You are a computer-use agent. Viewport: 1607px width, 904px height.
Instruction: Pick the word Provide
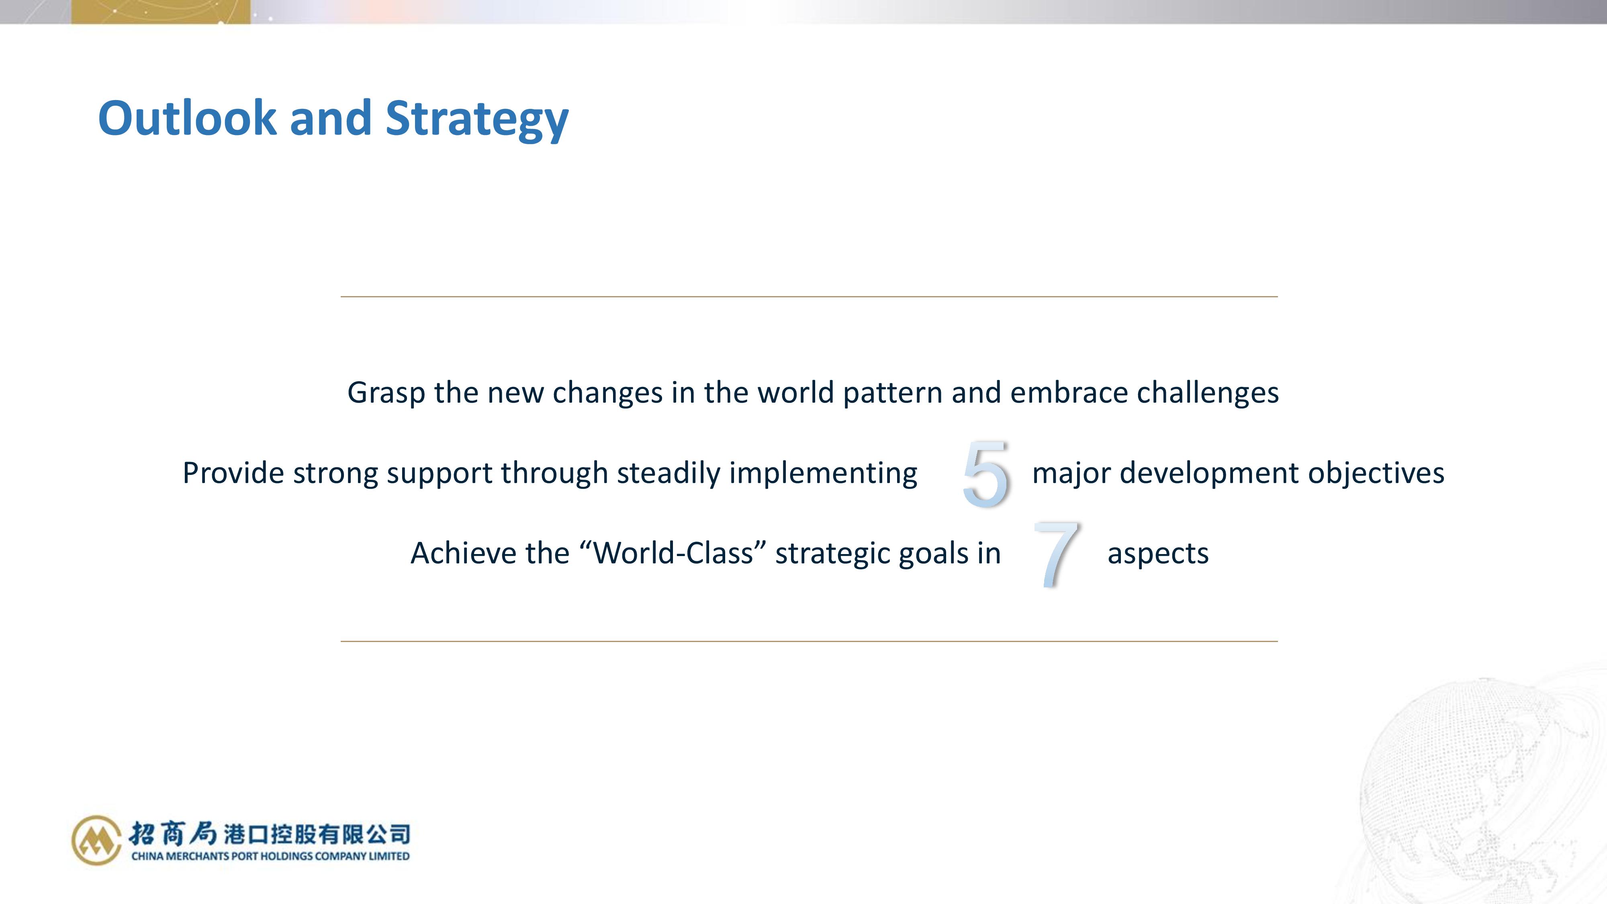coord(233,473)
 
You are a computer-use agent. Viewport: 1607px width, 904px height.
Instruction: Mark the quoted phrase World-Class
coord(673,553)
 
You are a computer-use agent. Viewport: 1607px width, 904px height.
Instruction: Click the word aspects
coord(1158,554)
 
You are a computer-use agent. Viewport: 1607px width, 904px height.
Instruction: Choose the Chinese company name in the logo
coord(270,834)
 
